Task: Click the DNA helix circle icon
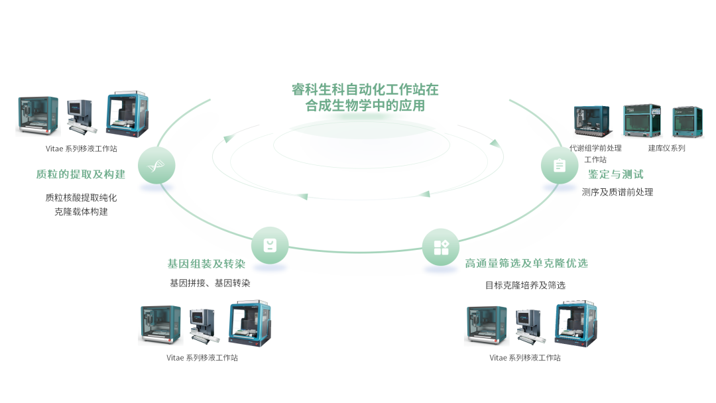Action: coord(156,165)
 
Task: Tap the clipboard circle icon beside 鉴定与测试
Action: coord(559,165)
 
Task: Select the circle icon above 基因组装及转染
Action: coord(270,246)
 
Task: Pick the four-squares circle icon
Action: coord(441,247)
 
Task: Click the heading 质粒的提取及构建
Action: coord(81,174)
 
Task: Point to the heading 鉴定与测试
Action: coord(616,174)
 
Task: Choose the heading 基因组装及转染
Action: coord(206,264)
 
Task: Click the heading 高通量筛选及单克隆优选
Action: coord(526,263)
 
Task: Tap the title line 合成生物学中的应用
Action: coord(365,105)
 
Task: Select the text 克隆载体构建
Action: coord(81,212)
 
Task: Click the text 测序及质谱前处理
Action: coord(617,192)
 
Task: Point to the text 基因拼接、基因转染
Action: coord(209,283)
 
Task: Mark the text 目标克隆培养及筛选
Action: coord(525,285)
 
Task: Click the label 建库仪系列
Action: coord(666,148)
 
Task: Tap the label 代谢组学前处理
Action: coord(595,148)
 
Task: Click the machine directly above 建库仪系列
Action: coord(641,121)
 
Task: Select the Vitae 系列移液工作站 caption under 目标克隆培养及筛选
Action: coord(525,358)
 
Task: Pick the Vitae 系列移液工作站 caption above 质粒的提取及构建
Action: coord(82,149)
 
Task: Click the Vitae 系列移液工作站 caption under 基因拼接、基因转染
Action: coord(202,358)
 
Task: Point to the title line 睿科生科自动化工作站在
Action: coord(365,89)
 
